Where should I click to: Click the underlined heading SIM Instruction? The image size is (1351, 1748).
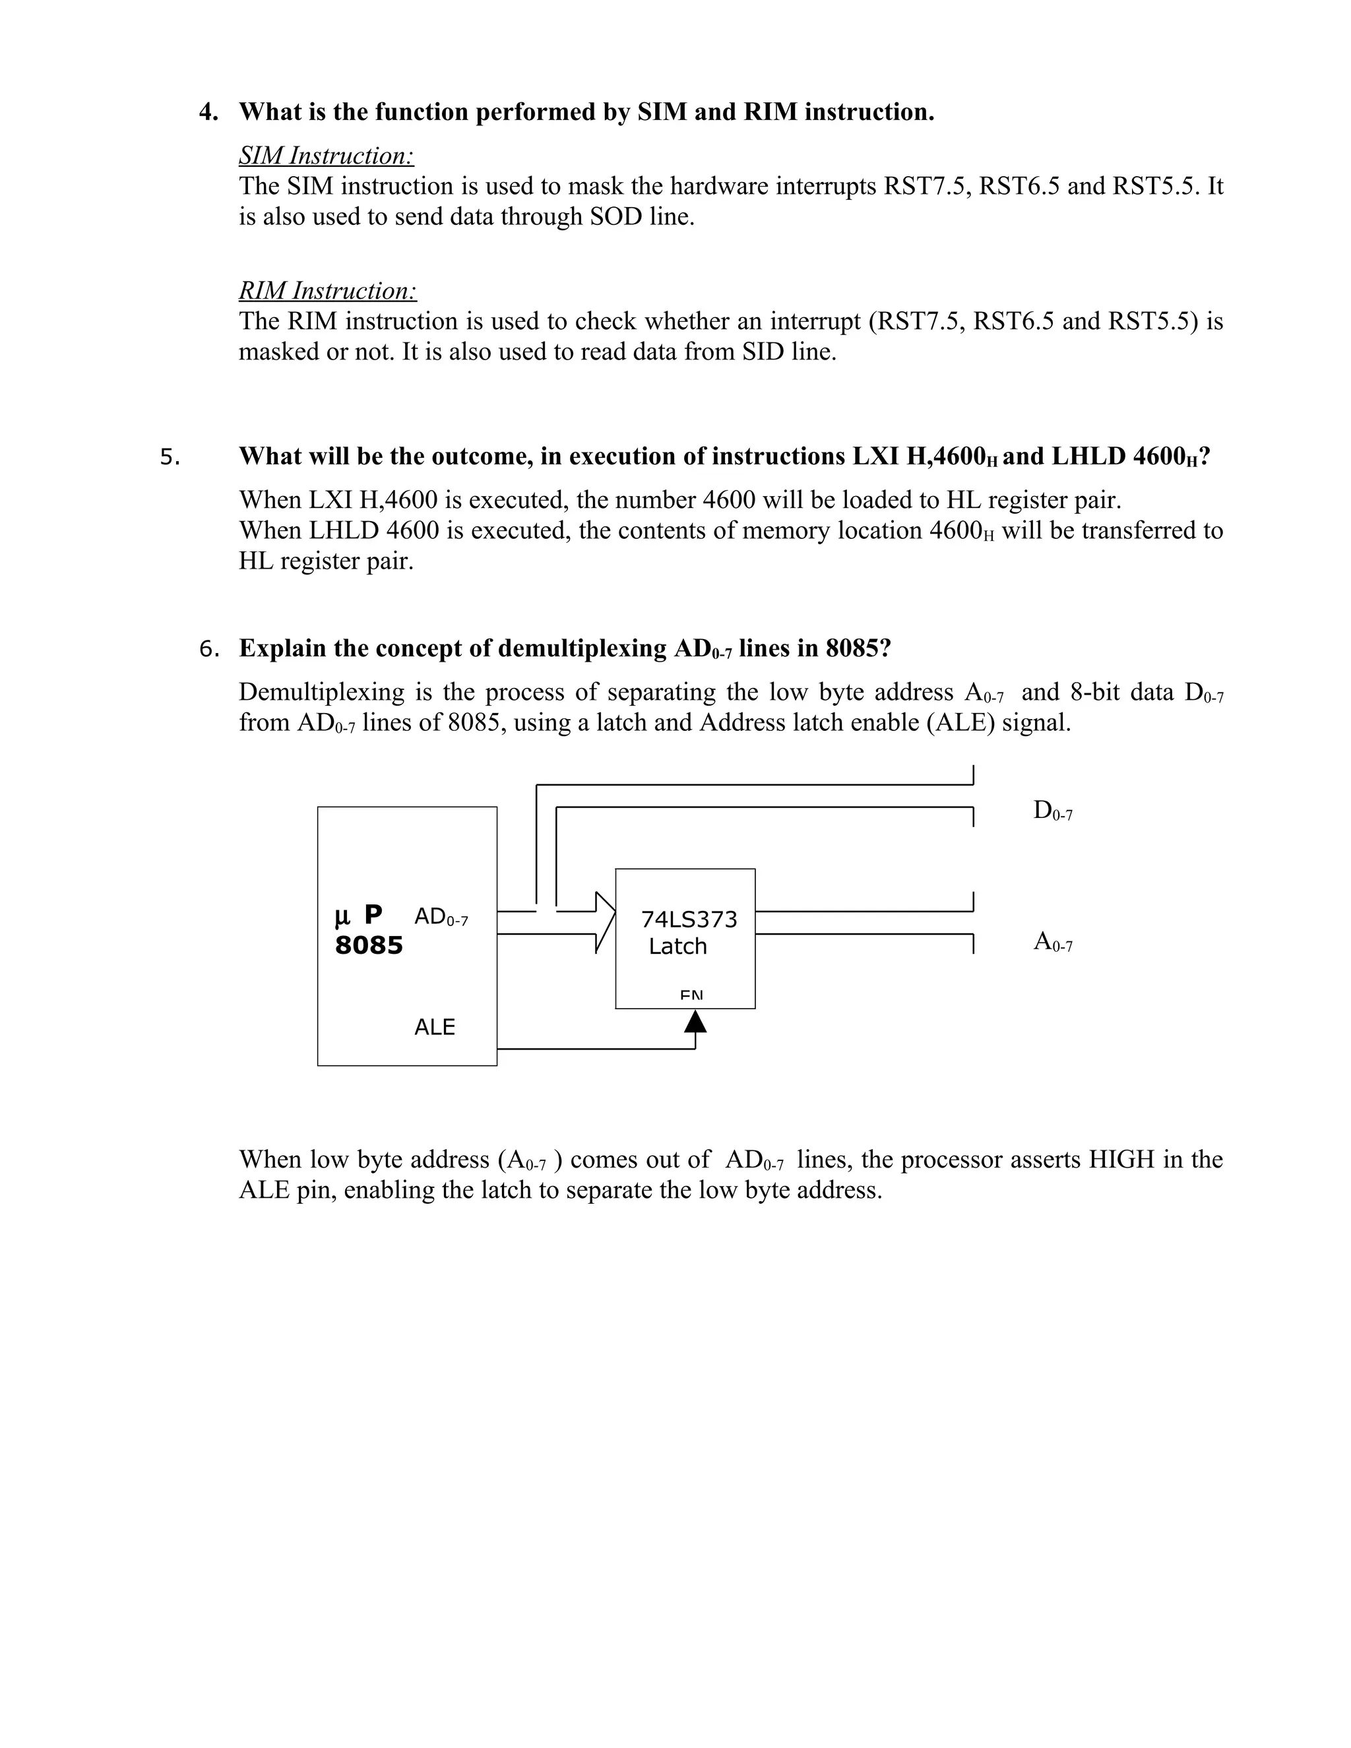pyautogui.click(x=326, y=155)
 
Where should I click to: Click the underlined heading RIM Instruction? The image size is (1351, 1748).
pyautogui.click(x=327, y=290)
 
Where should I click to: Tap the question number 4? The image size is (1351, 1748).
pyautogui.click(x=208, y=112)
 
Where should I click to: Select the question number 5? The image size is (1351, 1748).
pyautogui.click(x=170, y=457)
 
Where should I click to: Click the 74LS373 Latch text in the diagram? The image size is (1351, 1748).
pyautogui.click(x=687, y=933)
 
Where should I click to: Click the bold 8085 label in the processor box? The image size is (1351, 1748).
pyautogui.click(x=368, y=946)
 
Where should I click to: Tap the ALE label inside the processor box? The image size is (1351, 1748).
pyautogui.click(x=434, y=1027)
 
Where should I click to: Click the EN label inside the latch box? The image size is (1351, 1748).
pyautogui.click(x=691, y=995)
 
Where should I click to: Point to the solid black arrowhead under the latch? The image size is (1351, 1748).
pyautogui.click(x=695, y=1021)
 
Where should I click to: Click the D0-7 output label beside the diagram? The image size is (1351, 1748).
pyautogui.click(x=1052, y=811)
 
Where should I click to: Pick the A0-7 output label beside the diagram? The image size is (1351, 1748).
pyautogui.click(x=1052, y=942)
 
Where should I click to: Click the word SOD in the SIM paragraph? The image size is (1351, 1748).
pyautogui.click(x=615, y=217)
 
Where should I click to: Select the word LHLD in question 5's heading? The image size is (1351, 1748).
pyautogui.click(x=1088, y=456)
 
